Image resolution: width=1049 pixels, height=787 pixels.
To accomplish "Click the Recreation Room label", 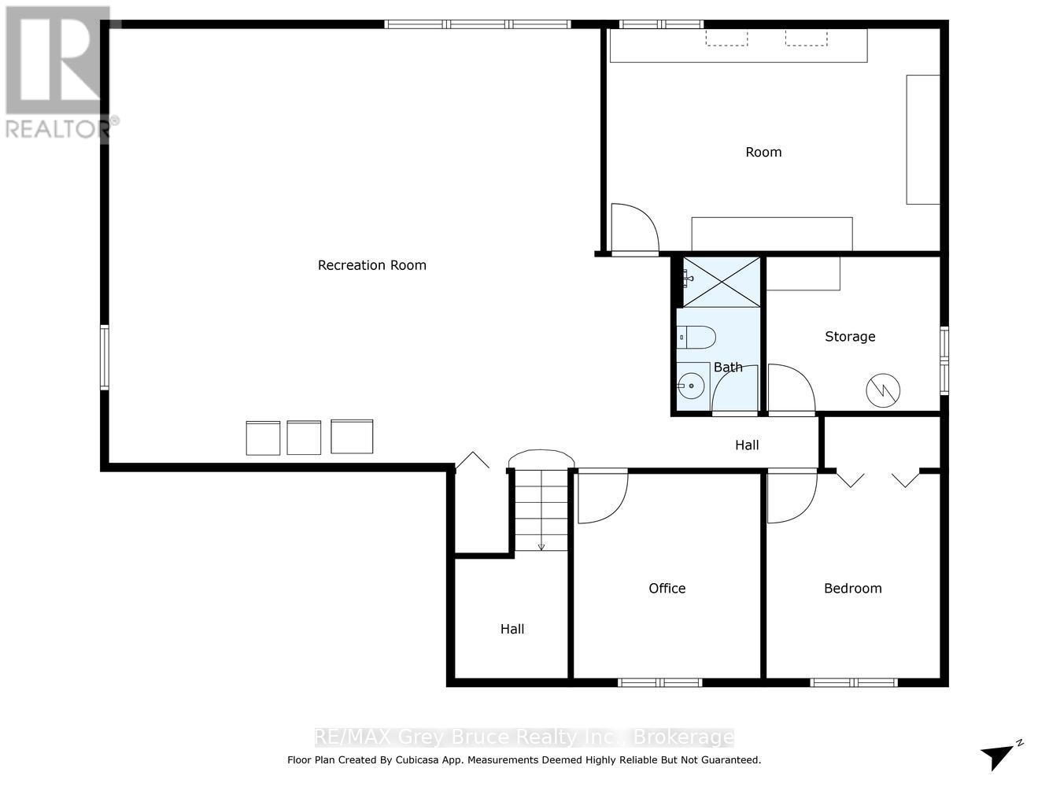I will click(x=371, y=265).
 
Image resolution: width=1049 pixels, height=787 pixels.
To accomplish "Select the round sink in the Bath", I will click(x=693, y=386).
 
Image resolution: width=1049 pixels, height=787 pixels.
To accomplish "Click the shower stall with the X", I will click(x=722, y=282).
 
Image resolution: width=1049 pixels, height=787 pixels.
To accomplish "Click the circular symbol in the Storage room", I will click(x=883, y=389).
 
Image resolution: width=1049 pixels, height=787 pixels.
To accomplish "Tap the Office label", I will click(x=667, y=588).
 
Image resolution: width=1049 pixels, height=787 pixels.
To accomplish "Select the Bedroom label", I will click(x=852, y=588).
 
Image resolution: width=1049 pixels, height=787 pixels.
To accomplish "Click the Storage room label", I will click(x=850, y=336).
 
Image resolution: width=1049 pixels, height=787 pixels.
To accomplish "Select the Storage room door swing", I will click(x=790, y=388).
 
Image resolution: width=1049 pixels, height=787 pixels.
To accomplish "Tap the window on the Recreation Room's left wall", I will click(x=105, y=358).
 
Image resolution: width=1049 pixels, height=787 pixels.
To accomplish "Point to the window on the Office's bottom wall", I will click(x=659, y=682).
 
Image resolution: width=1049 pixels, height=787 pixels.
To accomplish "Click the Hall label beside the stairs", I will click(x=512, y=629).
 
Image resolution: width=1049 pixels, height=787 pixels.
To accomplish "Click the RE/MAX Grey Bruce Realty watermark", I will click(x=523, y=737).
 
